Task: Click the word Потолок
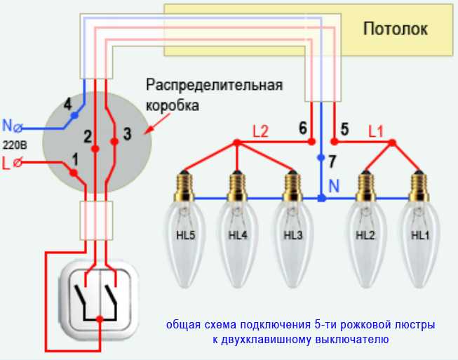pyautogui.click(x=395, y=29)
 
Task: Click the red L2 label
pyautogui.click(x=260, y=130)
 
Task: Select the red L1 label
pyautogui.click(x=376, y=130)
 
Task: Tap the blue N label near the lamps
pyautogui.click(x=335, y=187)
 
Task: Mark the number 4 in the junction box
pyautogui.click(x=68, y=105)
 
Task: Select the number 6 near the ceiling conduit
pyautogui.click(x=302, y=128)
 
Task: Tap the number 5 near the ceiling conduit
pyautogui.click(x=344, y=128)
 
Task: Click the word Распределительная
pyautogui.click(x=214, y=86)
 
